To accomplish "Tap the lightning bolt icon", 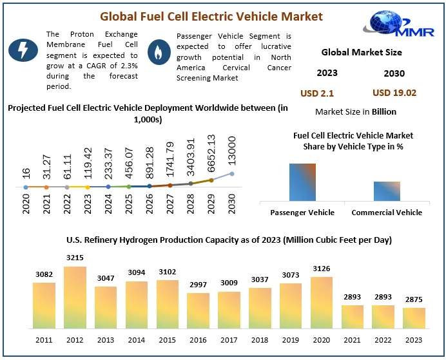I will click(x=22, y=50).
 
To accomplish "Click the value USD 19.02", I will click(x=394, y=93).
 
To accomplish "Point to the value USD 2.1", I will click(x=317, y=93).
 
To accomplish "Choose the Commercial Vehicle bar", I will click(x=387, y=191).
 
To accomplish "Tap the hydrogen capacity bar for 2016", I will click(x=198, y=311).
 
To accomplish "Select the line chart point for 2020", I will click(x=26, y=187).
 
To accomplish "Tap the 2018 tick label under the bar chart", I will click(x=260, y=339).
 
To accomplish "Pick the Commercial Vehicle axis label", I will click(x=387, y=213).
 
